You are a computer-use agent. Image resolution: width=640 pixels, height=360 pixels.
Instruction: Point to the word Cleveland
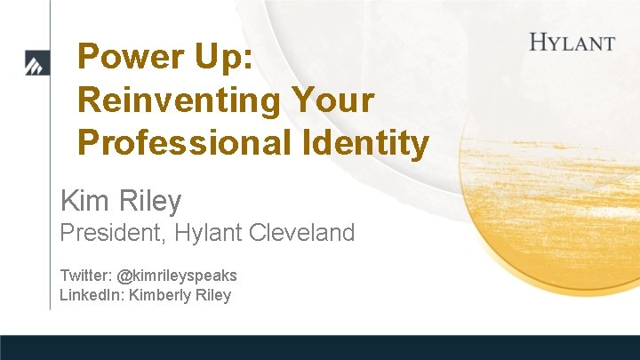tap(307, 234)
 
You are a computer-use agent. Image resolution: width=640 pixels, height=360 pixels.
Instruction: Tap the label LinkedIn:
tap(92, 295)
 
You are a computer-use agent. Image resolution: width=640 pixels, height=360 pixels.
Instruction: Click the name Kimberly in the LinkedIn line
tap(158, 296)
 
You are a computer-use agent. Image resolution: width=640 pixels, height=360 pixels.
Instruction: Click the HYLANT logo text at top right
tap(572, 42)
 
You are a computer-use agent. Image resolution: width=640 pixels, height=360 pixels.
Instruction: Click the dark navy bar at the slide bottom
tap(320, 348)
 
